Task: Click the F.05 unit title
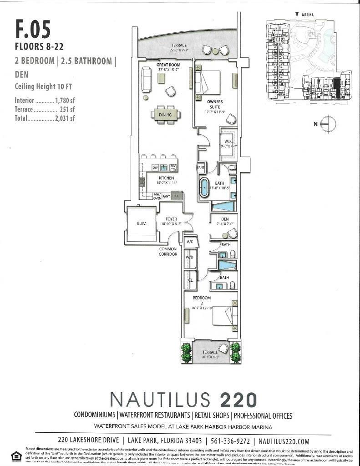[x=33, y=28]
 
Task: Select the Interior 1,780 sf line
[x=45, y=100]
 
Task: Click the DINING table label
[x=165, y=115]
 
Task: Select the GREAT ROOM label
[x=168, y=65]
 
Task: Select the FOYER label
[x=171, y=219]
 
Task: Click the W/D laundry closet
[x=190, y=258]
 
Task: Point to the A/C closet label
[x=190, y=242]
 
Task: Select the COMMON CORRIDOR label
[x=168, y=252]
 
